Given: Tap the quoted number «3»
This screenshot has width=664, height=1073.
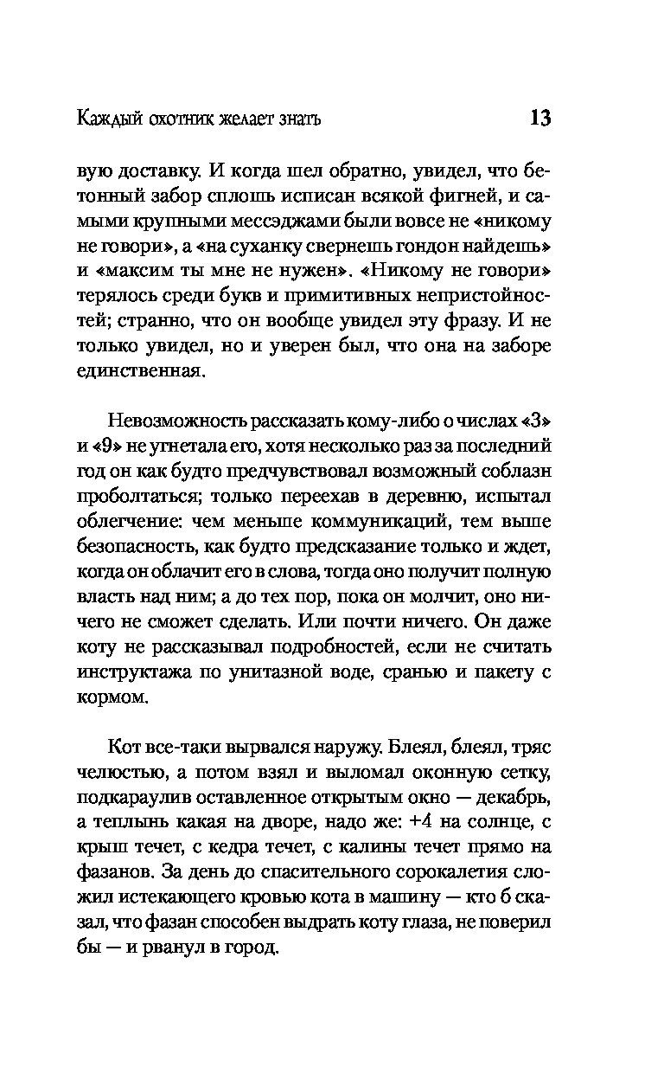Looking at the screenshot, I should [535, 423].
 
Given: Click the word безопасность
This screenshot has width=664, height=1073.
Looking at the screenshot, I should [137, 547].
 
